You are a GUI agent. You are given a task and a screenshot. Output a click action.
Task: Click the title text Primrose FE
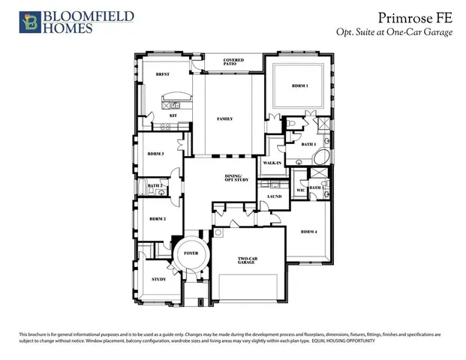(x=416, y=17)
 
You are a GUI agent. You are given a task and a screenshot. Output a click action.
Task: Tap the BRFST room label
(x=163, y=75)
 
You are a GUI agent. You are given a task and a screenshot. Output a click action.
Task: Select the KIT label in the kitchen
(x=173, y=115)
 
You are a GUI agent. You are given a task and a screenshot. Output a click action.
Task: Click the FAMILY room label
(x=224, y=118)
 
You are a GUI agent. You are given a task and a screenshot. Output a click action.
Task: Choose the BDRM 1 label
(x=300, y=87)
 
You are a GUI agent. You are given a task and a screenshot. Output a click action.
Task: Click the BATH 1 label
(x=308, y=144)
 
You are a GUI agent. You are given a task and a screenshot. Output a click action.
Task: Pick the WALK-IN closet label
(x=272, y=163)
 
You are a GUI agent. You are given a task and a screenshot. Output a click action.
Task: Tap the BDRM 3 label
(x=156, y=154)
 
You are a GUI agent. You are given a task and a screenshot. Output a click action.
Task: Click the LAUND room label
(x=275, y=196)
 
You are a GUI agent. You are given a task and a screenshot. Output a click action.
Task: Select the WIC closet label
(x=301, y=190)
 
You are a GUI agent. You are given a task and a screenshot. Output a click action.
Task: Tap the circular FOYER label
(x=190, y=253)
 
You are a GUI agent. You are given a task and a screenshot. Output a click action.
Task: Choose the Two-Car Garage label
(x=247, y=260)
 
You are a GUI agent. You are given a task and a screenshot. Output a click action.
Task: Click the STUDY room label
(x=158, y=279)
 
